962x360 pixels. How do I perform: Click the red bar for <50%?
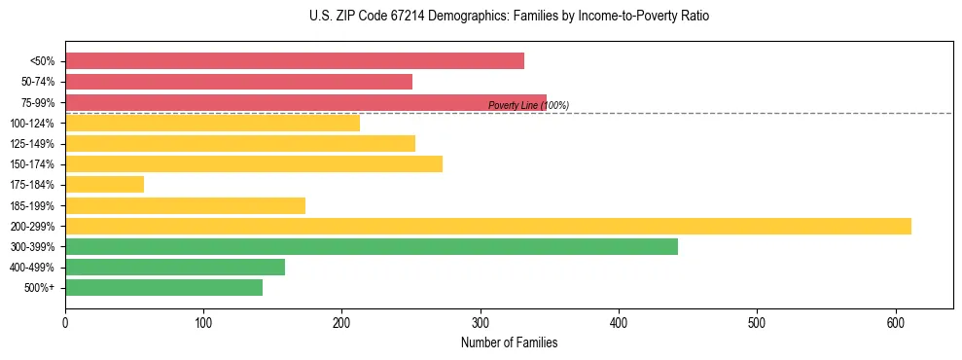pyautogui.click(x=294, y=61)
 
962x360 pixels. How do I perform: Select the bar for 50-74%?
pyautogui.click(x=238, y=82)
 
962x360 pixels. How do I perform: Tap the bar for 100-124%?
pyautogui.click(x=212, y=123)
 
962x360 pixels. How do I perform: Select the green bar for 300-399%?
pyautogui.click(x=371, y=246)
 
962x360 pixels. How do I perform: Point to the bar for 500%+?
pyautogui.click(x=163, y=287)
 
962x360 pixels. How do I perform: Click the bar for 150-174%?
pyautogui.click(x=253, y=163)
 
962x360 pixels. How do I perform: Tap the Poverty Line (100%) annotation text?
pyautogui.click(x=528, y=106)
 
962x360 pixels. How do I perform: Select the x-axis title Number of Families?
pyautogui.click(x=509, y=343)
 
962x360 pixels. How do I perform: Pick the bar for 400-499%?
pyautogui.click(x=175, y=267)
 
